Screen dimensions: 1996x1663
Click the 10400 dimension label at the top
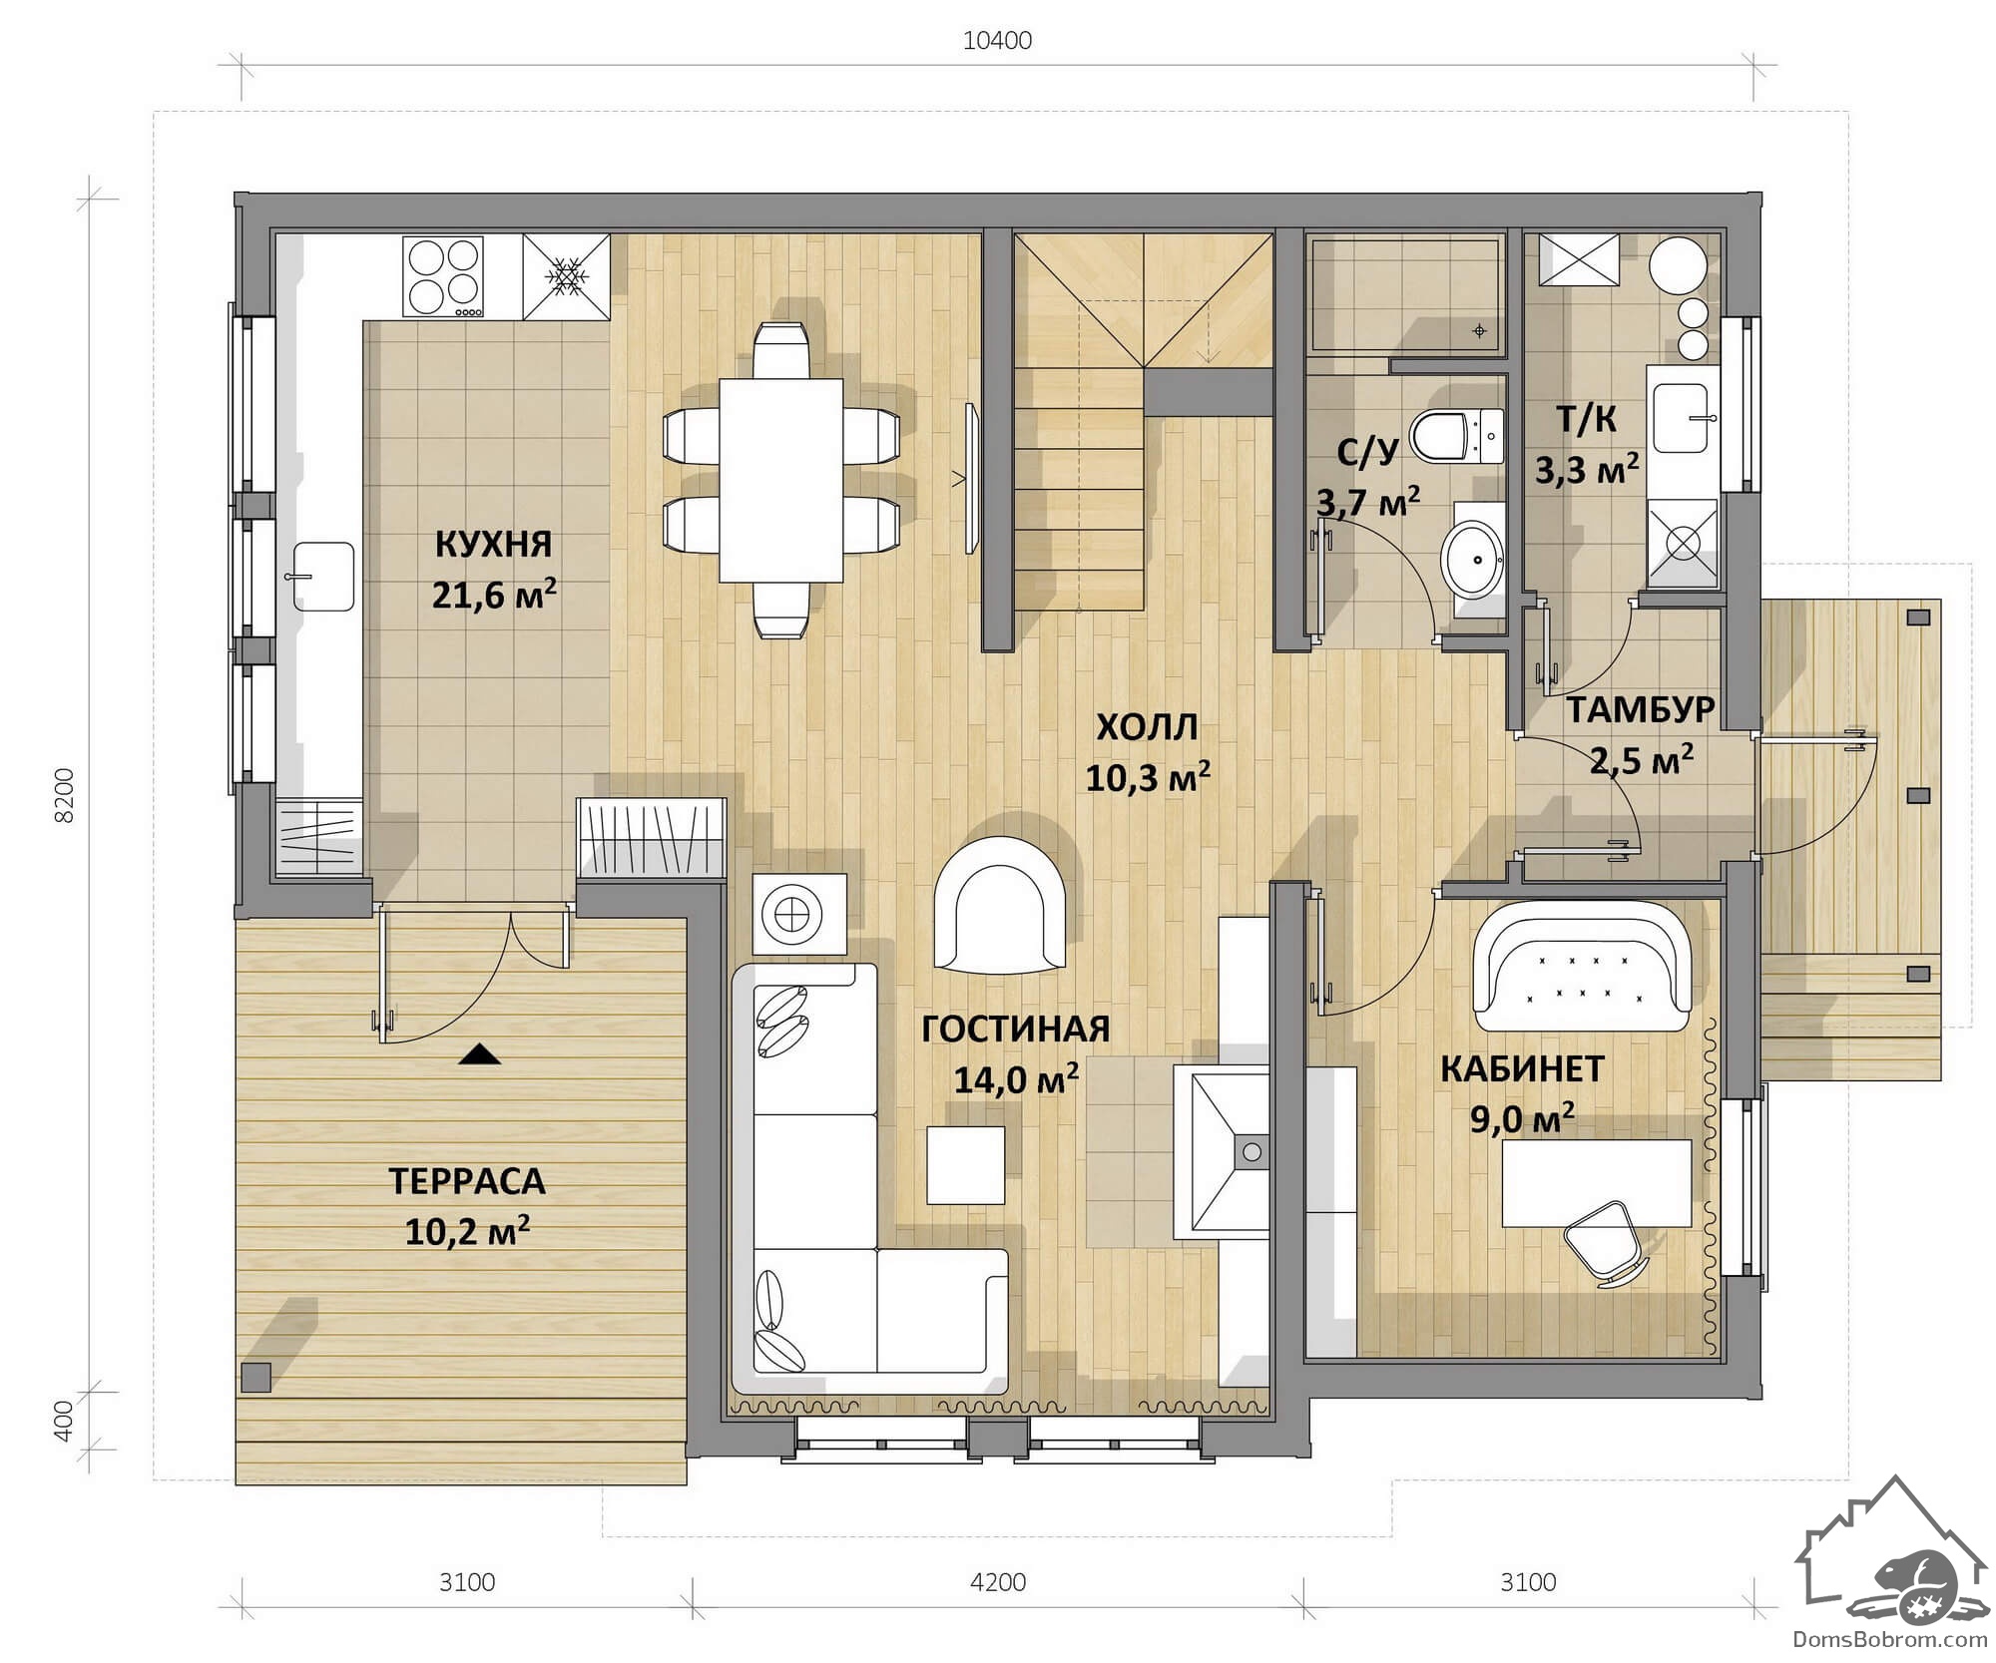(997, 41)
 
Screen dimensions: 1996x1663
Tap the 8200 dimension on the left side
(64, 795)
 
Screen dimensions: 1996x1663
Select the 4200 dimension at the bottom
(998, 1581)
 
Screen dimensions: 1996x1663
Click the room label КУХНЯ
(494, 545)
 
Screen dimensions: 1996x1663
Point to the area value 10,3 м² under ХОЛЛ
(1148, 777)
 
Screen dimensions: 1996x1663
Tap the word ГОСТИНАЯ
(1016, 1030)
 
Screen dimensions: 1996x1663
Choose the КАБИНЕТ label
(1522, 1069)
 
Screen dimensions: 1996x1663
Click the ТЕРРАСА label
(467, 1181)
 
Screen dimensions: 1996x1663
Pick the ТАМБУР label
(1641, 710)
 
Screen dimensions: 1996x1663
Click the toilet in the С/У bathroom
(1456, 436)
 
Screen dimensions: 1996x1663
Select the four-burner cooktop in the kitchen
(443, 277)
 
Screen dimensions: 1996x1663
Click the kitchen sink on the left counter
(322, 577)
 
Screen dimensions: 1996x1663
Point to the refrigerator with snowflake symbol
(566, 277)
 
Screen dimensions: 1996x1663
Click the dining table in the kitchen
(780, 480)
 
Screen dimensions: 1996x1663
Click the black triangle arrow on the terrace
(479, 1053)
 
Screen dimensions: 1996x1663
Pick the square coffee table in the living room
(965, 1165)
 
